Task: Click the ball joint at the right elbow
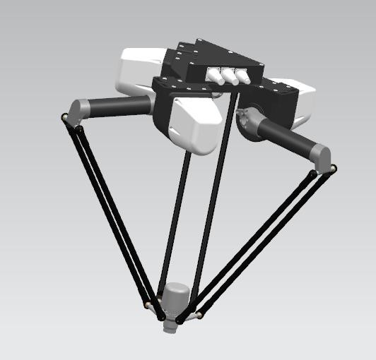(x=333, y=168)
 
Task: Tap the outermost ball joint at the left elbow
(x=64, y=118)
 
